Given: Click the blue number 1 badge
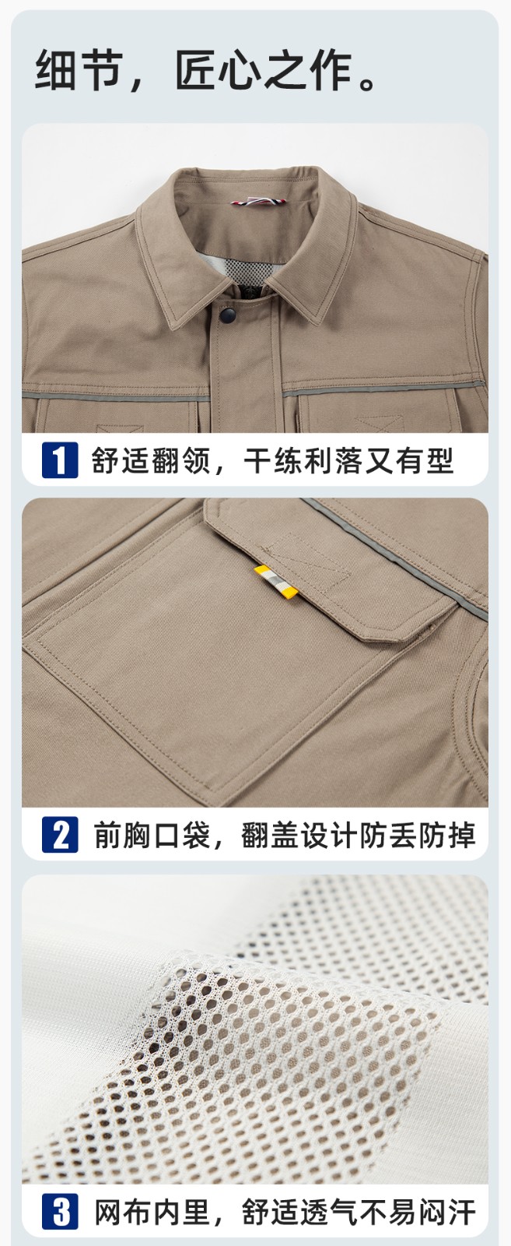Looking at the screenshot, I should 60,459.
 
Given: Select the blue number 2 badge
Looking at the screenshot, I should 60,834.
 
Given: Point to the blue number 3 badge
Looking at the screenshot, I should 60,1212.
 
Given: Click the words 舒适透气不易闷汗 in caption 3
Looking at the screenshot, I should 358,1213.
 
